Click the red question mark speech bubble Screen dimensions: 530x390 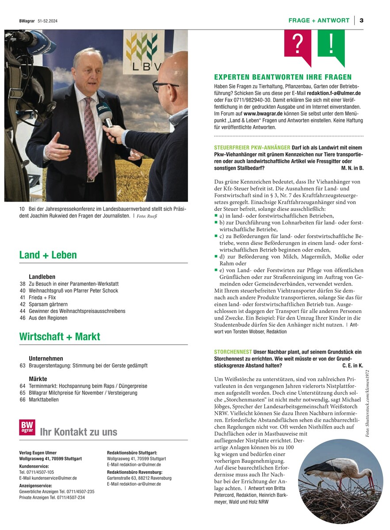pyautogui.click(x=298, y=44)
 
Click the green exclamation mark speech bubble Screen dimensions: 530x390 pyautogui.click(x=331, y=44)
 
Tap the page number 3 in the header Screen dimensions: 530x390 pyautogui.click(x=361, y=20)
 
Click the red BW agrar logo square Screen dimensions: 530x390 pyautogui.click(x=27, y=427)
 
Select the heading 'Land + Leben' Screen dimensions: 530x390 pyautogui.click(x=48, y=255)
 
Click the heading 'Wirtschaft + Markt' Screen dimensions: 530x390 pyautogui.click(x=60, y=336)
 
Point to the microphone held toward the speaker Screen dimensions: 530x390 pyautogui.click(x=106, y=116)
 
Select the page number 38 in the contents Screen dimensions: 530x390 pyautogui.click(x=23, y=284)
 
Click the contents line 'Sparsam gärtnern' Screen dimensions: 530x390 pyautogui.click(x=48, y=304)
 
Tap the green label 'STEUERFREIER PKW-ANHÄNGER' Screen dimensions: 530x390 pyautogui.click(x=252, y=147)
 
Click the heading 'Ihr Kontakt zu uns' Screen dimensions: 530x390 pyautogui.click(x=78, y=432)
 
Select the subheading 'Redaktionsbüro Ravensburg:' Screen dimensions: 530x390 pyautogui.click(x=132, y=472)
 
